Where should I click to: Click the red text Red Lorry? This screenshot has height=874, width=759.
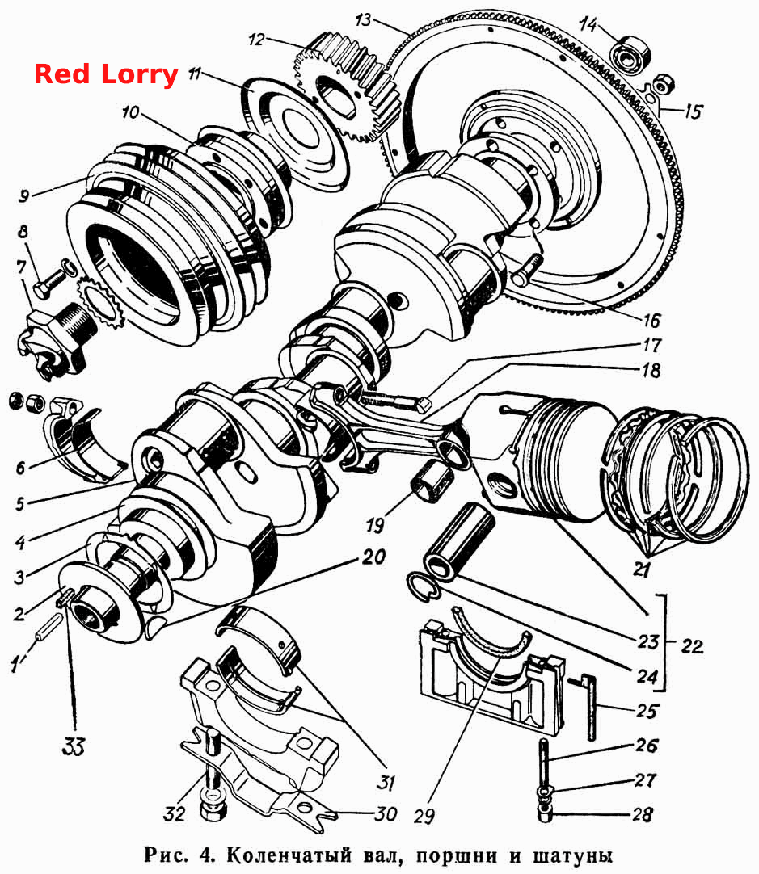coord(106,74)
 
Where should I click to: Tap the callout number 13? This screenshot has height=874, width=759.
coord(362,20)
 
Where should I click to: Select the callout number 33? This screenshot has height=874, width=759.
coord(74,746)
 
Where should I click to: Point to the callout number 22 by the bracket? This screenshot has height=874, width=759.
coord(692,646)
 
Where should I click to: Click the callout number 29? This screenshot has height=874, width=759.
coord(424,816)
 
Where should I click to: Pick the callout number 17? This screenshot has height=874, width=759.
coord(651,346)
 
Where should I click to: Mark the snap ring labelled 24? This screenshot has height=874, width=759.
coord(424,586)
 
